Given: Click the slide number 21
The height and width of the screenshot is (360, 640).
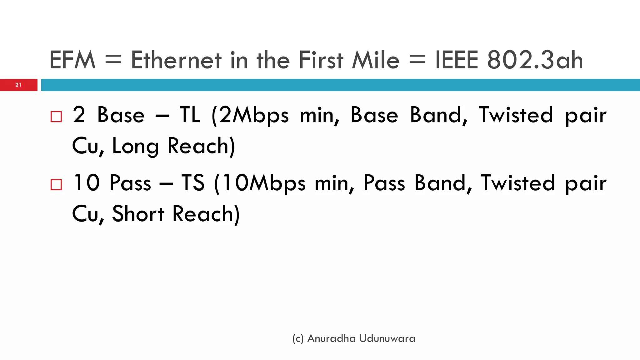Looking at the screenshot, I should coord(18,85).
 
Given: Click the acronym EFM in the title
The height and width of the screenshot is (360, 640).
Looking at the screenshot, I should coord(72,60).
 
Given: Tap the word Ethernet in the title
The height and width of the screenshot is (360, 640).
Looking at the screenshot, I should coord(176,60).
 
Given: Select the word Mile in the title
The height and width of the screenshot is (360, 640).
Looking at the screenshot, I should coord(376,60).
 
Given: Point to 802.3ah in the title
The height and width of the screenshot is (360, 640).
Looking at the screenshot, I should coord(535,60).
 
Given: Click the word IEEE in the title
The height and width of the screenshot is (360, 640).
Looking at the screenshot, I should coord(457,60).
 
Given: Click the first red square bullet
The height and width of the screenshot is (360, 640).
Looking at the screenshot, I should coord(56,117).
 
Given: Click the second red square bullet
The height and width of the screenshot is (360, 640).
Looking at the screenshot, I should coord(56,185).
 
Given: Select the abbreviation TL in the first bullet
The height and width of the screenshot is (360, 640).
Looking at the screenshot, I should coord(190,115).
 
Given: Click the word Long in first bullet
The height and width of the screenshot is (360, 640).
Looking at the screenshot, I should coord(135,146).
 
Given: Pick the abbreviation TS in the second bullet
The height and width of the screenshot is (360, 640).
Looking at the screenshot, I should coord(193,183).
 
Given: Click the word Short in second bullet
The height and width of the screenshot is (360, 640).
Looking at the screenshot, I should coord(138,214).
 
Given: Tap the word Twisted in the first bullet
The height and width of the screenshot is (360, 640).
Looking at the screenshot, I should coord(516,115).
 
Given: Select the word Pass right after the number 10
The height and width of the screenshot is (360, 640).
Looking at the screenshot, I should coord(130,183).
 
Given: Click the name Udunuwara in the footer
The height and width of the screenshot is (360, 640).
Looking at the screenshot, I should coord(387,338).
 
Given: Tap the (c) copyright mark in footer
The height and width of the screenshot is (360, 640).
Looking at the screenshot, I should coord(298,339).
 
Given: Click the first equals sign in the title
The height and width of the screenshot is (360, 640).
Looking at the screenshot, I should coord(113,60).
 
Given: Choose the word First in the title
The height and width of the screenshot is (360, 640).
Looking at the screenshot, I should coord(321,60).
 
